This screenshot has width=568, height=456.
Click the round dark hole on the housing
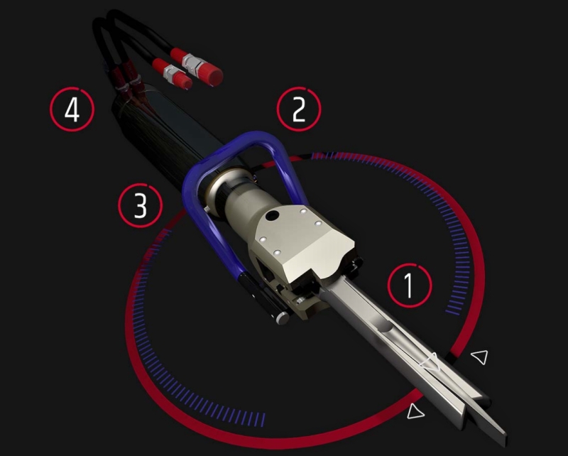coord(271,216)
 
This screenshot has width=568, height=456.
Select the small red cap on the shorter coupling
coord(184,82)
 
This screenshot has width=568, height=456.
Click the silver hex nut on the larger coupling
coord(192,63)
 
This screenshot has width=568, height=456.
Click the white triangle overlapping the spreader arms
coord(431,362)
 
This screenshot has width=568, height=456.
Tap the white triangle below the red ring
coord(415,411)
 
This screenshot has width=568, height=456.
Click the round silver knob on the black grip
coord(283,317)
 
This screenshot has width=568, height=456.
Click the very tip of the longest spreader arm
coord(505,433)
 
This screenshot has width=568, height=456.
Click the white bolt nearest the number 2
coord(304,211)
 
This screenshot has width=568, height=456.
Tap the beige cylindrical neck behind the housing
coord(246,203)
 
